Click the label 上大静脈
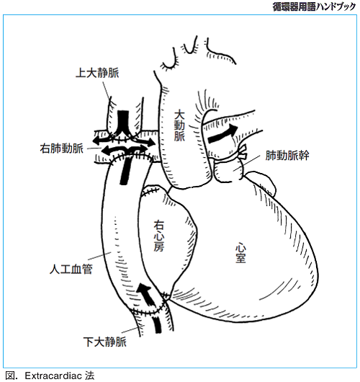coord(97,73)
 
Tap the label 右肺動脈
coord(62,148)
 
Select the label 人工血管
coord(71,270)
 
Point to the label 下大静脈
coord(105,342)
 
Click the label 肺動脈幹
coord(287,155)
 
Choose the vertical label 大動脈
coord(179,125)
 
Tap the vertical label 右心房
coord(159,236)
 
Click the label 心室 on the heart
coord(240,253)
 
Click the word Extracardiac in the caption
coord(53,376)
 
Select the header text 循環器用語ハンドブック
coord(314,6)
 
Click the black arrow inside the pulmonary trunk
coord(222,134)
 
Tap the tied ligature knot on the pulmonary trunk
coord(243,152)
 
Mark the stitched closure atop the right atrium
coord(150,190)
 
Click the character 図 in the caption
coord(10,376)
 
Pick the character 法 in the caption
coord(89,376)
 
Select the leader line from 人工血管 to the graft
coord(99,256)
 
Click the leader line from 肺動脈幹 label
coord(248,163)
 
